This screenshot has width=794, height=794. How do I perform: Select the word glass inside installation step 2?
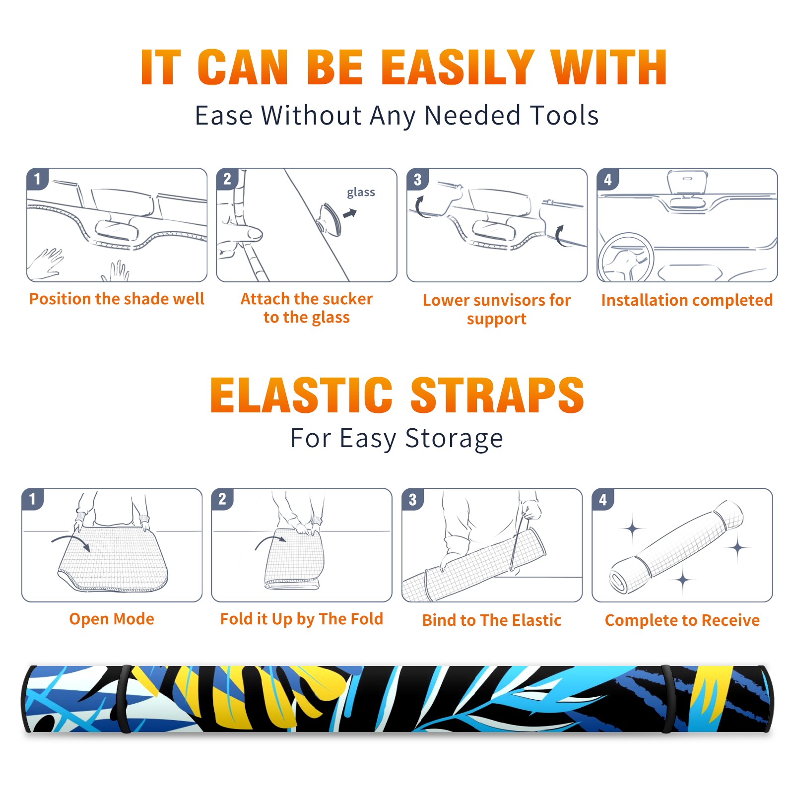click(x=361, y=193)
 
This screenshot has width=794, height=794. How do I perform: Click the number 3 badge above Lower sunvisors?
click(x=417, y=179)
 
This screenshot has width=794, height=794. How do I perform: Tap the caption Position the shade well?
click(x=117, y=299)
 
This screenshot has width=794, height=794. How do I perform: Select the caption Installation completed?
click(x=687, y=300)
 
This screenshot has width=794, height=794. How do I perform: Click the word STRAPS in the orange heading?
click(x=497, y=395)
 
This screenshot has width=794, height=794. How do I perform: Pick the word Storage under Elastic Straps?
click(x=454, y=439)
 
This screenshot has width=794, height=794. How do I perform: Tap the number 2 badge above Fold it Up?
click(x=222, y=499)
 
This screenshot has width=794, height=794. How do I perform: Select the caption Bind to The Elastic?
click(x=491, y=620)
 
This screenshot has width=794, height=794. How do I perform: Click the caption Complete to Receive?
click(x=682, y=620)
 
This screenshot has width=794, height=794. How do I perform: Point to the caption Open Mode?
click(x=112, y=619)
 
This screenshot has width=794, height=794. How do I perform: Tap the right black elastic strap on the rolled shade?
click(x=668, y=699)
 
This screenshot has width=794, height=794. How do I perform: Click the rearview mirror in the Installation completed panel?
click(x=687, y=182)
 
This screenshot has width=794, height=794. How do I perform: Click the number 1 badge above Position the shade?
click(x=37, y=179)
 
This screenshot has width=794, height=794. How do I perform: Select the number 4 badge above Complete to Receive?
click(x=602, y=499)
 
